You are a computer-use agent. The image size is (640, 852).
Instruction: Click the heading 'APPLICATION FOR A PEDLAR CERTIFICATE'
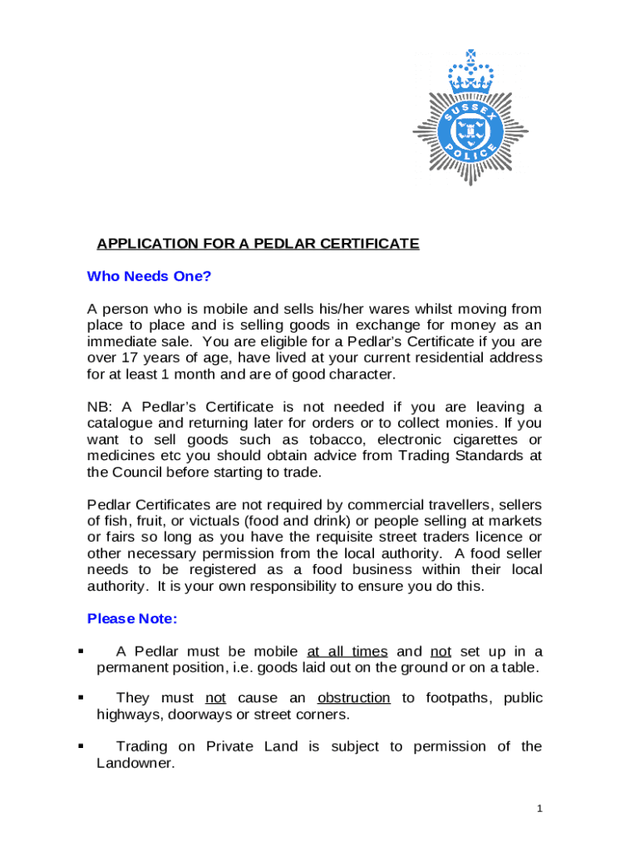258,244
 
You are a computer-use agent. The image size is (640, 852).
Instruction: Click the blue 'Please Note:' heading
132,619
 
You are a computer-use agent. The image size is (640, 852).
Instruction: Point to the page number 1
539,808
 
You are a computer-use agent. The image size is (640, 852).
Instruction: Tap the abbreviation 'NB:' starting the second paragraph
101,407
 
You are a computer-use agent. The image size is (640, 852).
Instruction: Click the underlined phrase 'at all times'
347,651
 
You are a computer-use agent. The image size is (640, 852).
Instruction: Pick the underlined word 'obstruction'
353,698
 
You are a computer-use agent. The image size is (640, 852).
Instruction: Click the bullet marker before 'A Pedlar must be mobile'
81,651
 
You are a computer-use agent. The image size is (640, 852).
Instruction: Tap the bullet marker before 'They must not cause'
81,698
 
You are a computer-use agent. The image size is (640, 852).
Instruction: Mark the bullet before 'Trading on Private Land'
81,746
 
